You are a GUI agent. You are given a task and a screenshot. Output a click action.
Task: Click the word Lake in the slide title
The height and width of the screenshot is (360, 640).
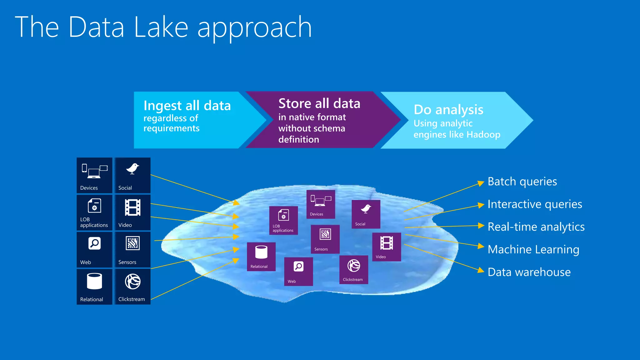161,27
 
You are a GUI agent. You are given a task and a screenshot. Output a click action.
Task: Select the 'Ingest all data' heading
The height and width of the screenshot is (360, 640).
187,106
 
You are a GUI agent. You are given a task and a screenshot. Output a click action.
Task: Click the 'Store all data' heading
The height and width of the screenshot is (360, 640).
319,103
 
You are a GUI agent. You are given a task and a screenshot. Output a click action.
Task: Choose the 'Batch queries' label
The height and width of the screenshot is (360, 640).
522,182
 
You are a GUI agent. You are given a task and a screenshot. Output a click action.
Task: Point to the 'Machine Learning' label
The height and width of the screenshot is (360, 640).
533,249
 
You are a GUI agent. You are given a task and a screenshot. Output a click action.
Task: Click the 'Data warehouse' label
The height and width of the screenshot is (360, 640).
529,272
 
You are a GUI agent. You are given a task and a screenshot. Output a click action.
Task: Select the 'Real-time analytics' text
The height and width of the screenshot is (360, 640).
536,227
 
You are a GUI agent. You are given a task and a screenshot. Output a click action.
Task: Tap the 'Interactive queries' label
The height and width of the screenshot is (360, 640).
535,204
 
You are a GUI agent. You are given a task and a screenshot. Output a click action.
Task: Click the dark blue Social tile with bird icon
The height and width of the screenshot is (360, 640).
132,175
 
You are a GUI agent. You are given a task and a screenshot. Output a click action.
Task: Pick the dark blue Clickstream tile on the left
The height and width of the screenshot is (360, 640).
132,287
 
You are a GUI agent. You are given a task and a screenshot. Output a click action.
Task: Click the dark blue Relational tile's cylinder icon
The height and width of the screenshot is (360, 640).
94,281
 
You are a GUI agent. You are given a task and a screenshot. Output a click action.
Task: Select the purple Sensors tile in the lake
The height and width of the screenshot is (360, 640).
325,239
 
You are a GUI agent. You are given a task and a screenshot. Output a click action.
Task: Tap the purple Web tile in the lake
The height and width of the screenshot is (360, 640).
298,271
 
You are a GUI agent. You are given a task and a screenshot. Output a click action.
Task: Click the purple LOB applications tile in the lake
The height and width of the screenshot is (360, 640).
283,220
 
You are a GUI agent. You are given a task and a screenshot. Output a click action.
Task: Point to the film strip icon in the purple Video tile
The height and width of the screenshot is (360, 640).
387,243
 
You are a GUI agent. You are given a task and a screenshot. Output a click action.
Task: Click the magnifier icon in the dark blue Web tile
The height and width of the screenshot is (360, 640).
94,243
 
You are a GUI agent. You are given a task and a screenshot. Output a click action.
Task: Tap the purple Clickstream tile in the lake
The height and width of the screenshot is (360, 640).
353,270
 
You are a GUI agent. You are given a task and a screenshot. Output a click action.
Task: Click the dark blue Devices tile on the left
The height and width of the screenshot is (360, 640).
94,175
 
